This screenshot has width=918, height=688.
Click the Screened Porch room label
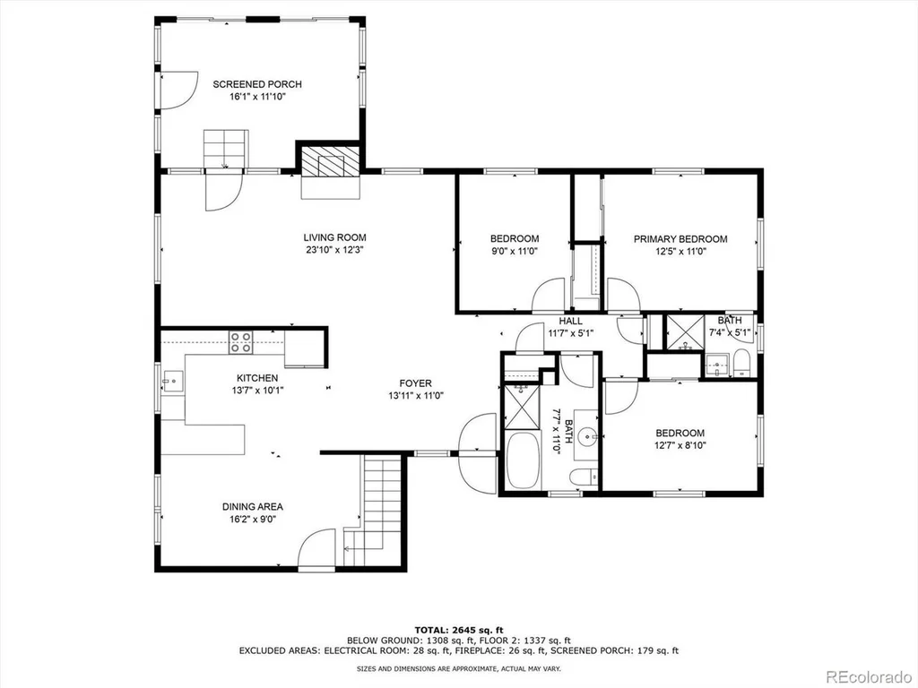click(x=257, y=84)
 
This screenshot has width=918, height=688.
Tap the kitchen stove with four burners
click(x=240, y=341)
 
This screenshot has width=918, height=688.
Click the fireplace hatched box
click(x=330, y=161)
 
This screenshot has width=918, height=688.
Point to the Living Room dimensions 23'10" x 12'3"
click(x=335, y=250)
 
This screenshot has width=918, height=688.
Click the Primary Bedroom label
click(x=680, y=238)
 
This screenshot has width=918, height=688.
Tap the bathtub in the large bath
click(x=524, y=460)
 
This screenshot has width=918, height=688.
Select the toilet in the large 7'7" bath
click(x=585, y=477)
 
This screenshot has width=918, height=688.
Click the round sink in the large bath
click(x=587, y=436)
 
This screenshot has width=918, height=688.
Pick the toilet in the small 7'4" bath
click(x=741, y=363)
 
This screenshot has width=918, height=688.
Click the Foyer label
click(x=416, y=383)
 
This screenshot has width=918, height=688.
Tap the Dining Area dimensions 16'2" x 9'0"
click(x=252, y=519)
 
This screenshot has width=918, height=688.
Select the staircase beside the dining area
click(x=374, y=512)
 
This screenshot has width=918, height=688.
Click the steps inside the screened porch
click(x=226, y=149)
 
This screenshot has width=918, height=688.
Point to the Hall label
click(x=571, y=321)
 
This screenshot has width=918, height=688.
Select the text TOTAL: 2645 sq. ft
click(x=459, y=630)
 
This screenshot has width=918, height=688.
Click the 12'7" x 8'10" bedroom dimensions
click(x=680, y=445)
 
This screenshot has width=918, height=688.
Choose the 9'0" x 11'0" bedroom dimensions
click(x=515, y=251)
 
